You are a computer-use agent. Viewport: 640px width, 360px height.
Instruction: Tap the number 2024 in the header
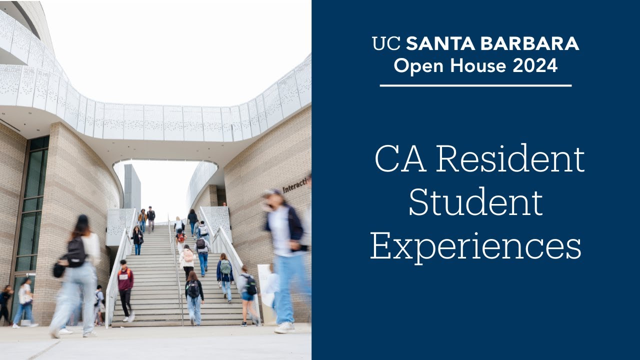click(535, 65)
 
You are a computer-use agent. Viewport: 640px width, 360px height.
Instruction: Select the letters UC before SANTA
click(386, 44)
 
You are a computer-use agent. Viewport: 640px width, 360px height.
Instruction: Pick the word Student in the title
click(475, 202)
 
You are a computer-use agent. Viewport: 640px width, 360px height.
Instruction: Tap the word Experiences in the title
click(475, 246)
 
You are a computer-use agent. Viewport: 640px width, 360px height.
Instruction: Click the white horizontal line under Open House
click(475, 85)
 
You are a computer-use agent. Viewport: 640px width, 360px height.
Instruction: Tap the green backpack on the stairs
click(226, 267)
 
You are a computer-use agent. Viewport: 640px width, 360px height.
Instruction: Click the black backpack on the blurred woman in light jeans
click(76, 252)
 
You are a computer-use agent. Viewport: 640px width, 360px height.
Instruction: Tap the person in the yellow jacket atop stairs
click(142, 218)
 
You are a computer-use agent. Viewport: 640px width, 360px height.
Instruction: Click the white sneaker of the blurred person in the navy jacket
click(284, 327)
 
